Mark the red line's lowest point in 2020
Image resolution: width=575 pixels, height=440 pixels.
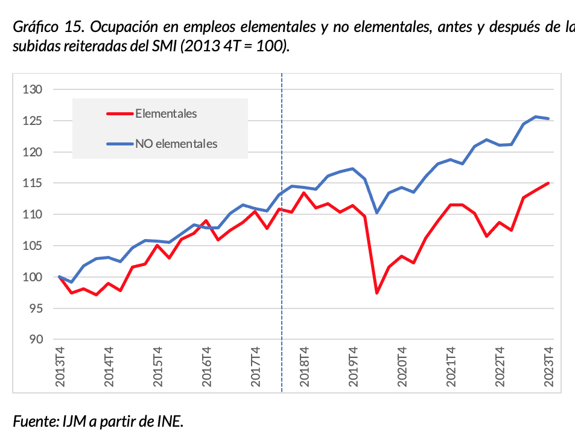point(377,293)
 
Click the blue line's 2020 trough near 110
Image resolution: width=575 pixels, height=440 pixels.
point(377,212)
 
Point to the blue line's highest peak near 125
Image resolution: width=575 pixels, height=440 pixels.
point(536,116)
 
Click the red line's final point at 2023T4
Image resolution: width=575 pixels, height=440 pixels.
point(548,183)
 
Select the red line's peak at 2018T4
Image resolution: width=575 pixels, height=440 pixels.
point(303,193)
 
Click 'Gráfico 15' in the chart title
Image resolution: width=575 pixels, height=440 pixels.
point(46,28)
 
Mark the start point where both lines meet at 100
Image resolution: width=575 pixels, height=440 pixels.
point(60,277)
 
